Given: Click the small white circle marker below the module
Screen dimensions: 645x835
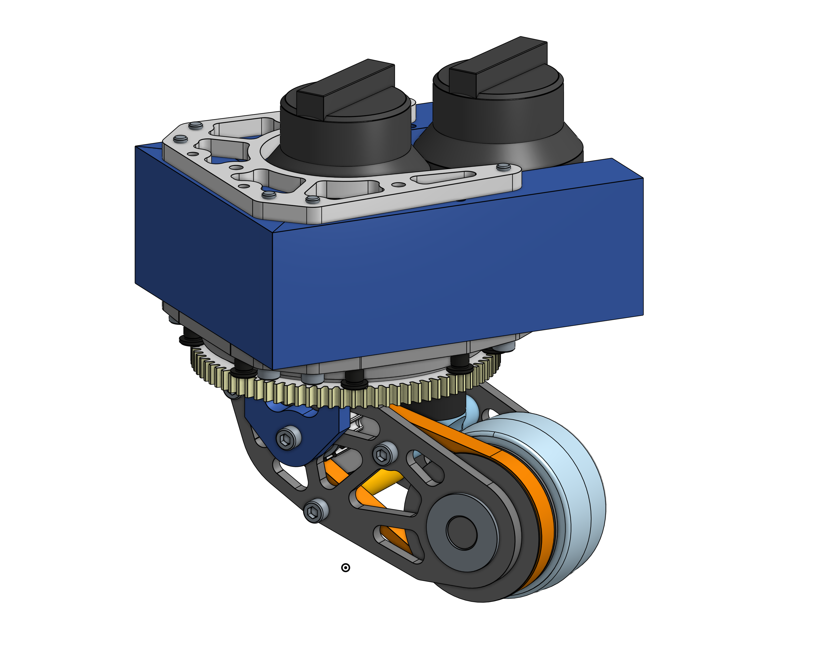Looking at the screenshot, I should pos(345,568).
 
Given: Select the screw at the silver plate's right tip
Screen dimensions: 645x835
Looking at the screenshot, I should pos(503,167).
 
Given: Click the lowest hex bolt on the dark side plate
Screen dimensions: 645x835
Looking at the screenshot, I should pos(316,511).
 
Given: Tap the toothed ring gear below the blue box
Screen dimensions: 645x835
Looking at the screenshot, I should pos(344,396).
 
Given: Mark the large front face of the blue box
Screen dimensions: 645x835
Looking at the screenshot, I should pos(459,275).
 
